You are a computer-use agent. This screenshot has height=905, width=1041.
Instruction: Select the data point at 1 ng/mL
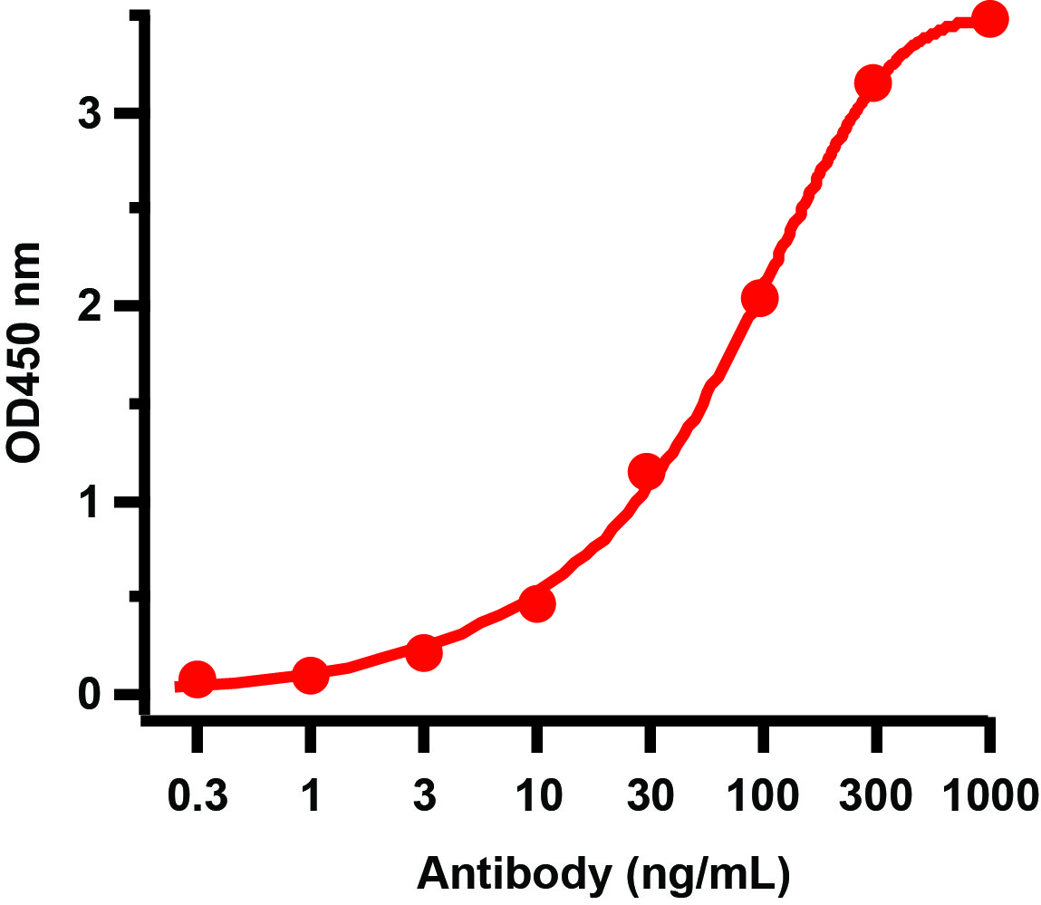(x=310, y=675)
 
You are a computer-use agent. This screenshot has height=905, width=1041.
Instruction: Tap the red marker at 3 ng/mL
(x=423, y=653)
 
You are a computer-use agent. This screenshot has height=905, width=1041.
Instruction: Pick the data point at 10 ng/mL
(x=536, y=604)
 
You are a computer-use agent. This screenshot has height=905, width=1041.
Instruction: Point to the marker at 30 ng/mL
(x=647, y=472)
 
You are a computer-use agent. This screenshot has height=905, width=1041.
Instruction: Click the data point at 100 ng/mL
(x=759, y=299)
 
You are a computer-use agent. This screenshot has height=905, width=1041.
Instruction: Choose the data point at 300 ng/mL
(x=872, y=83)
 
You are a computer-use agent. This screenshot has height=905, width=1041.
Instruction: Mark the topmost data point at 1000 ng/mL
(x=989, y=20)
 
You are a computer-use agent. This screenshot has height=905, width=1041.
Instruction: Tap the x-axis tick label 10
(x=536, y=796)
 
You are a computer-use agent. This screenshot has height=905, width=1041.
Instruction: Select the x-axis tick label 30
(x=649, y=796)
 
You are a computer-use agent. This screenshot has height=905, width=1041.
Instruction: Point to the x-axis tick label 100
(x=762, y=796)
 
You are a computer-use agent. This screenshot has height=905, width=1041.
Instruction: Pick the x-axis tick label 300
(x=875, y=796)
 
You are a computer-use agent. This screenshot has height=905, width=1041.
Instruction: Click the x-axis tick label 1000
(x=989, y=796)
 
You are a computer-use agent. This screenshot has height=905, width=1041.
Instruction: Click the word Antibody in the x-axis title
(x=513, y=875)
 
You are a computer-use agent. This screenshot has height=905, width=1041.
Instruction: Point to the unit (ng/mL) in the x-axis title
(x=708, y=875)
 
